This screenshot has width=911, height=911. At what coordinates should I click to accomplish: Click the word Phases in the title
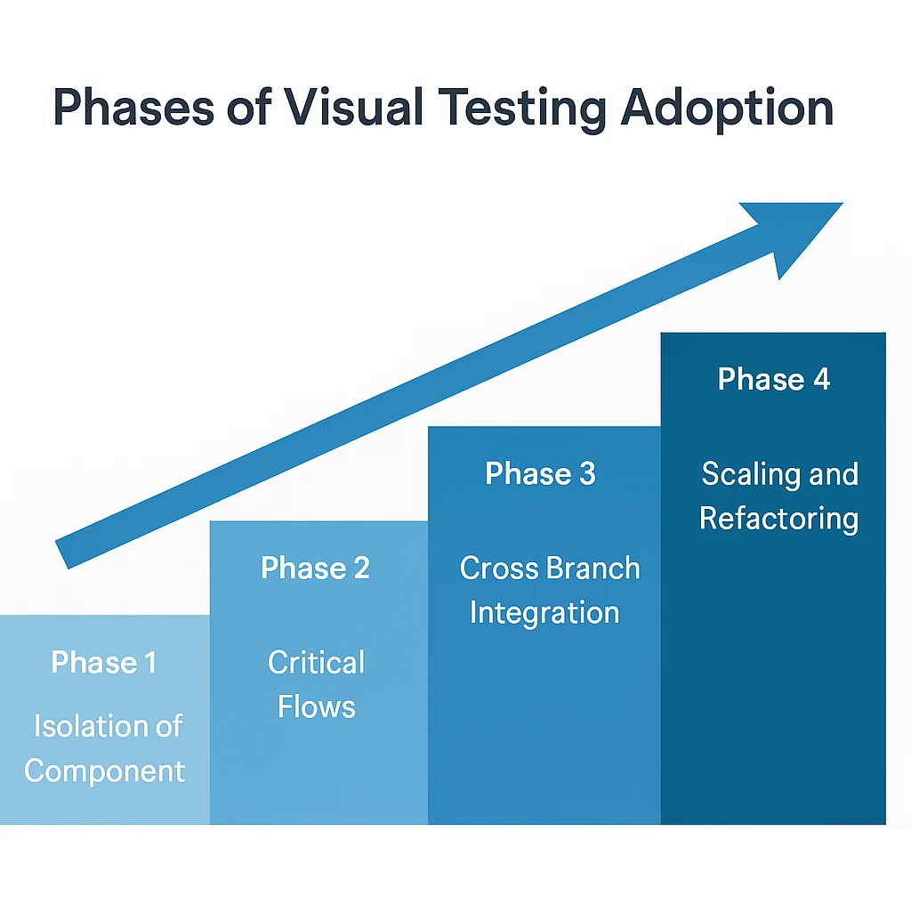point(133,108)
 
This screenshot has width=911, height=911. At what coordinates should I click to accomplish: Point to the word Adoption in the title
point(728,110)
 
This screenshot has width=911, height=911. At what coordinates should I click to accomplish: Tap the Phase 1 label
point(104,662)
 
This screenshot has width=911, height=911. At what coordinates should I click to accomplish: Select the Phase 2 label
point(316,568)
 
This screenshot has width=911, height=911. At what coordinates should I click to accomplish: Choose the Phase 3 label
point(540,473)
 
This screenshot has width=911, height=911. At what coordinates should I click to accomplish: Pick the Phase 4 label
point(774,379)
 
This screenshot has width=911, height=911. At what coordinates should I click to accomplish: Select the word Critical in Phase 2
point(316,662)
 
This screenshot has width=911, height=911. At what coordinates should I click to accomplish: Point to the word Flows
point(316,707)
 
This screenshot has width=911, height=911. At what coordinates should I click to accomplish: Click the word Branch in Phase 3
point(593,568)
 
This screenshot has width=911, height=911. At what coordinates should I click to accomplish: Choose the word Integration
point(544,615)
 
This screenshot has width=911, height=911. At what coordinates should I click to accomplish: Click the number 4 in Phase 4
point(821,379)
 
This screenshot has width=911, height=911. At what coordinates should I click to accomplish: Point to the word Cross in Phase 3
point(500,568)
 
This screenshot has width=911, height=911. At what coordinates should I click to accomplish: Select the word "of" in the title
point(249,108)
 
